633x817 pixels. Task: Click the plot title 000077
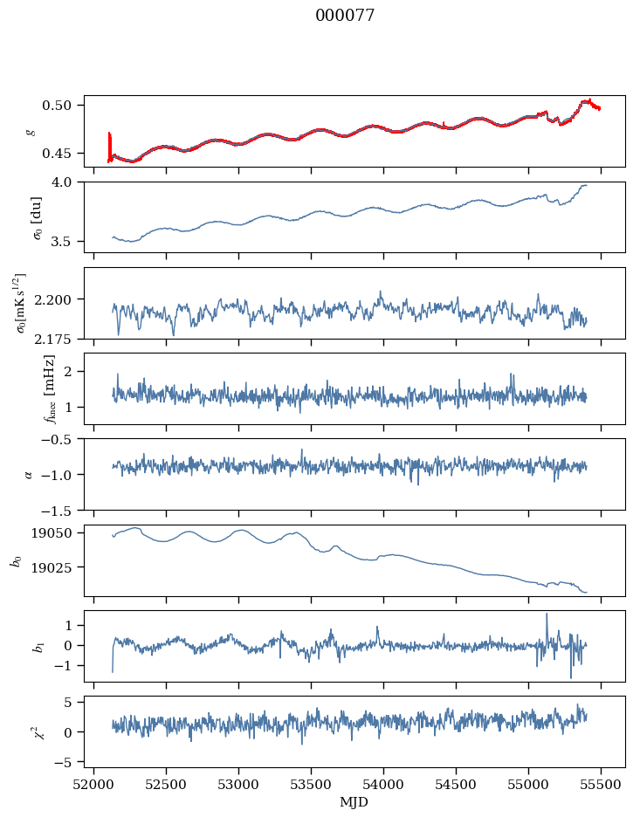click(345, 16)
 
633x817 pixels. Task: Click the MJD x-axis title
click(354, 802)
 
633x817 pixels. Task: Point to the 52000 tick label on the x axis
click(93, 786)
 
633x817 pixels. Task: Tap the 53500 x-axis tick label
click(311, 786)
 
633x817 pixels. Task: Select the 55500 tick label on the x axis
click(601, 786)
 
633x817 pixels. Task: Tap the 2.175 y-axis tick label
click(53, 339)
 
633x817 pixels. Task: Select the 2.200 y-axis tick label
click(53, 299)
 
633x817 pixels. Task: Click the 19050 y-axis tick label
click(53, 533)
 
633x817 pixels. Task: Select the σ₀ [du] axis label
click(38, 218)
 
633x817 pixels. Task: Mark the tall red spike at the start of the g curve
click(109, 146)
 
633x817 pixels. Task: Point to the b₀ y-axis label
click(17, 561)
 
